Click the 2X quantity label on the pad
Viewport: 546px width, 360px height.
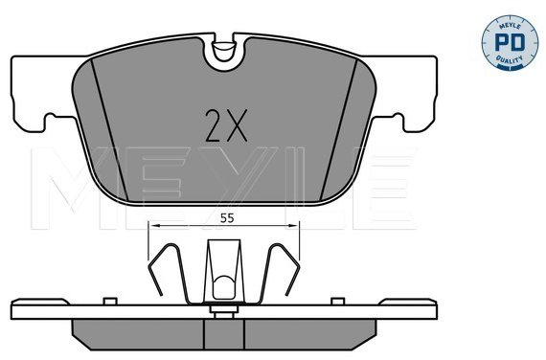[226, 125]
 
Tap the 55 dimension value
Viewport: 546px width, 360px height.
[227, 218]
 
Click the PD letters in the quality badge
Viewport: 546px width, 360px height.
[510, 42]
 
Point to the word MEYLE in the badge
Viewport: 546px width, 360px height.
[511, 27]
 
